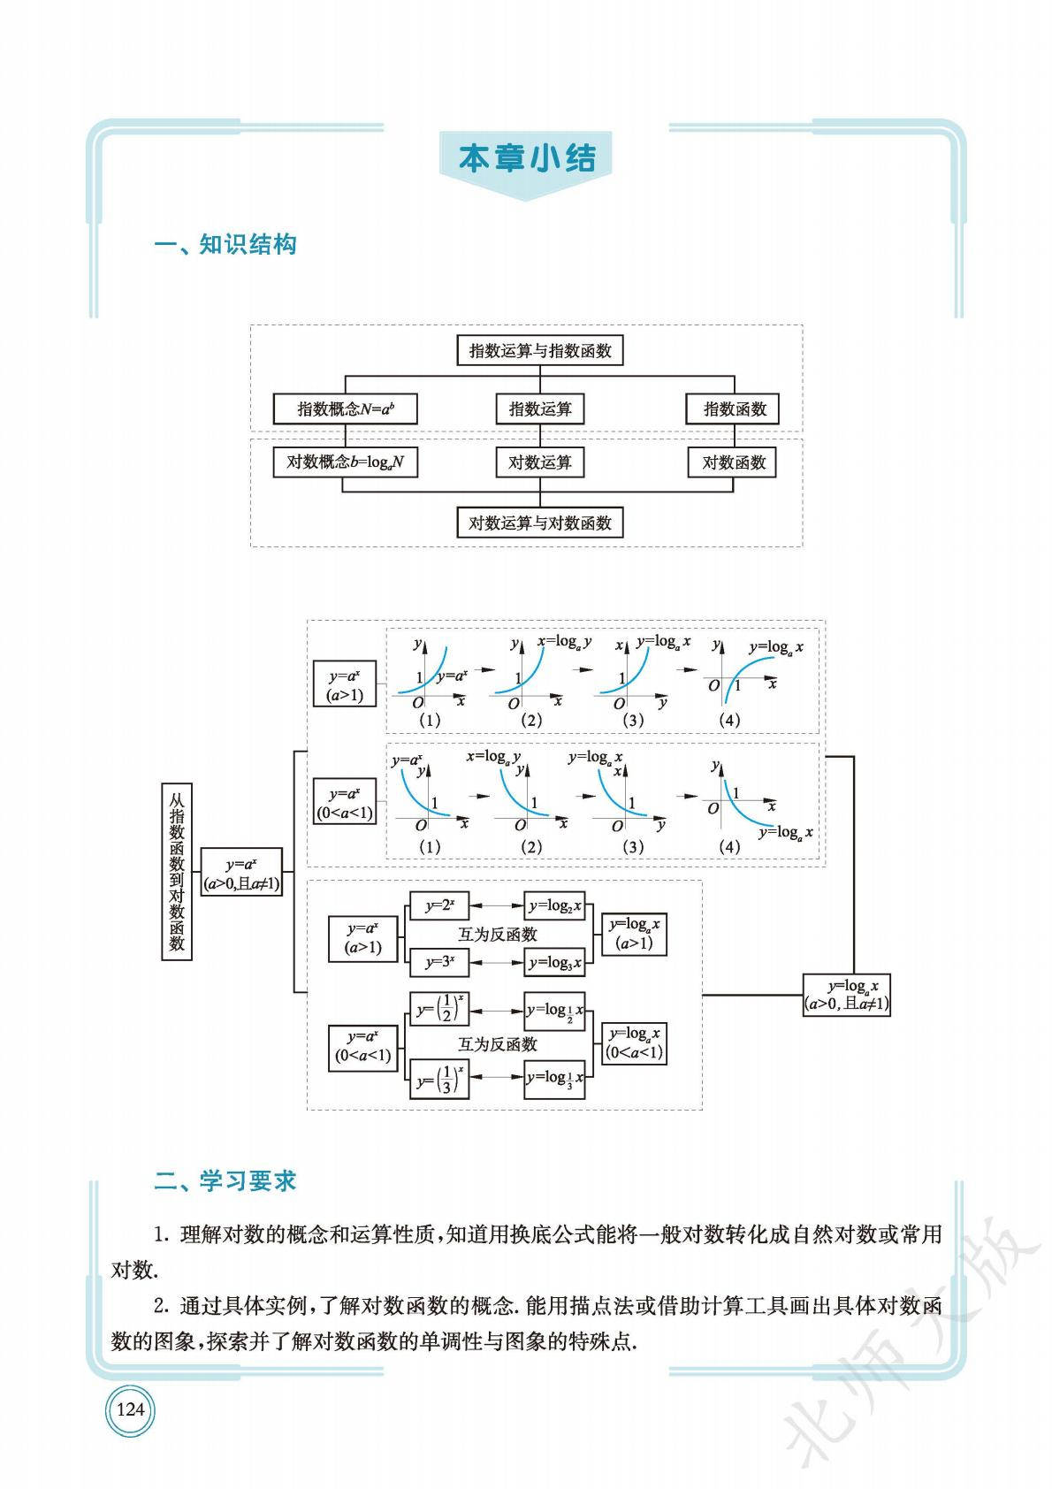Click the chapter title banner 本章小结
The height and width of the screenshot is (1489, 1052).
(x=527, y=159)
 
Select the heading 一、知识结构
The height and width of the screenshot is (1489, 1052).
(x=225, y=245)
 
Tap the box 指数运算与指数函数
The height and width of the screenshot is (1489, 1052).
(x=539, y=350)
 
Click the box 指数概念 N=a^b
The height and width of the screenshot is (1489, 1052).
(x=345, y=409)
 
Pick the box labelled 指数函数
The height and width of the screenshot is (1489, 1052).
(x=734, y=409)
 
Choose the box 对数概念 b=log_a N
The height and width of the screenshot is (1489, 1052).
(x=345, y=462)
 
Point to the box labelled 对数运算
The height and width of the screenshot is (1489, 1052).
(x=539, y=462)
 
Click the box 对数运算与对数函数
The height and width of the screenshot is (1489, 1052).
(x=539, y=523)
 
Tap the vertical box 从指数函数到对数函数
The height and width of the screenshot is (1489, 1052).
(x=177, y=871)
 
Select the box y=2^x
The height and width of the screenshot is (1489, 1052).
(x=439, y=906)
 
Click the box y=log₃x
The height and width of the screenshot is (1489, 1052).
(x=555, y=962)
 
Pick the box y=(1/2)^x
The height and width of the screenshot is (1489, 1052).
(x=439, y=1009)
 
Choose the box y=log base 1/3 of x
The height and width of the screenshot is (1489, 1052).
(x=555, y=1079)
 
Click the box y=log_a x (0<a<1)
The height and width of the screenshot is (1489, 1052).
(x=634, y=1043)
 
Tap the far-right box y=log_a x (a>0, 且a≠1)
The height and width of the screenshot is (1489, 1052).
(x=847, y=995)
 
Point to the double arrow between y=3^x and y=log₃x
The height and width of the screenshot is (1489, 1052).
(x=497, y=962)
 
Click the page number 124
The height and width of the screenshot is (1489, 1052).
(x=130, y=1409)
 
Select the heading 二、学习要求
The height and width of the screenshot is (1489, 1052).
(x=225, y=1180)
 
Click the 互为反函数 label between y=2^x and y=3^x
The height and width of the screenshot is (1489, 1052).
(x=497, y=934)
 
